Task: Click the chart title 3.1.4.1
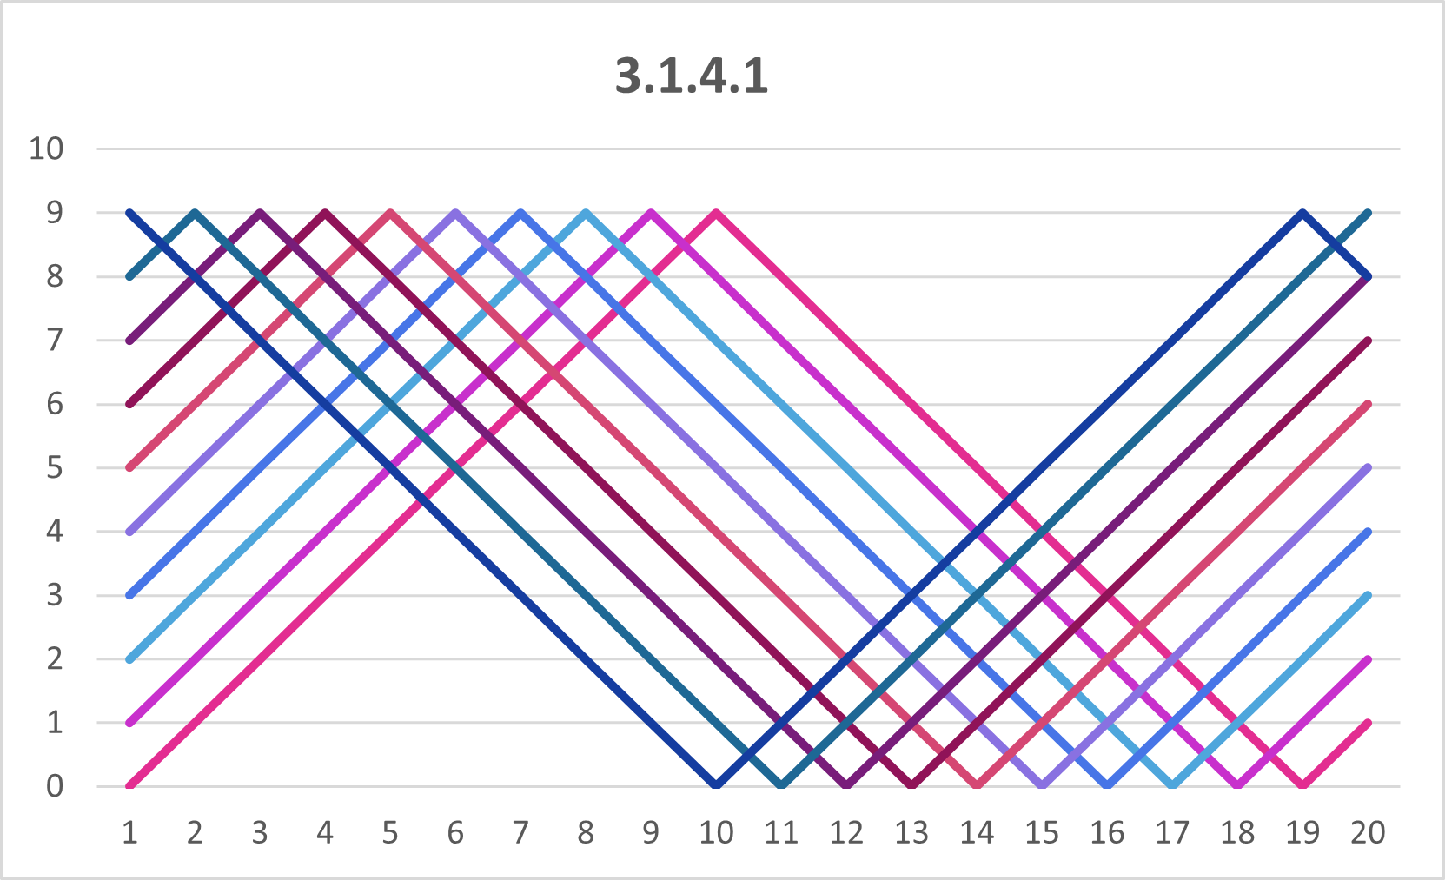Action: pyautogui.click(x=692, y=76)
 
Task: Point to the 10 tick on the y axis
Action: pyautogui.click(x=46, y=149)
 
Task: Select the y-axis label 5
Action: pyautogui.click(x=55, y=468)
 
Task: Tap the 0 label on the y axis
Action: pyautogui.click(x=55, y=786)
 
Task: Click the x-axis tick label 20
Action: pyautogui.click(x=1368, y=833)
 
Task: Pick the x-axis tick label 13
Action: pyautogui.click(x=911, y=833)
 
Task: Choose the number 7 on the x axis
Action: pyautogui.click(x=520, y=833)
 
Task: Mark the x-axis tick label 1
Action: pyautogui.click(x=129, y=833)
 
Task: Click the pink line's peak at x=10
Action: pyautogui.click(x=716, y=213)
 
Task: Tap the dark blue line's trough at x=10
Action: pyautogui.click(x=716, y=785)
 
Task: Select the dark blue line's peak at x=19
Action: pyautogui.click(x=1302, y=213)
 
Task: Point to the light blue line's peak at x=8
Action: pyautogui.click(x=586, y=213)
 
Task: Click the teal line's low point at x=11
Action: pyautogui.click(x=781, y=785)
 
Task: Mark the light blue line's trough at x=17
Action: pyautogui.click(x=1172, y=785)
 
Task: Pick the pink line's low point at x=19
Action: pyautogui.click(x=1302, y=785)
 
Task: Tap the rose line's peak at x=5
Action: pyautogui.click(x=390, y=213)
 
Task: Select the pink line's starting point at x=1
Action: pyautogui.click(x=130, y=785)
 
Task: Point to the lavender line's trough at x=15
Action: pyautogui.click(x=1042, y=785)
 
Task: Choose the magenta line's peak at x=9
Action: pyautogui.click(x=651, y=213)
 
